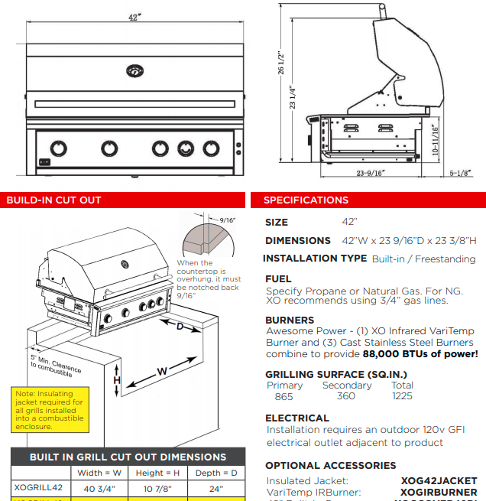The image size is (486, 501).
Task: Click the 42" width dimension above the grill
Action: tap(134, 17)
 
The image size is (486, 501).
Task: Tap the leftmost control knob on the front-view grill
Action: tap(59, 148)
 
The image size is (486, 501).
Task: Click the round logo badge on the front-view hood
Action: tap(134, 71)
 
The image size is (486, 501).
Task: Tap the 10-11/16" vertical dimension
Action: tap(434, 140)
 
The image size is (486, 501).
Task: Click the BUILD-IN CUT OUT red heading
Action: tap(54, 200)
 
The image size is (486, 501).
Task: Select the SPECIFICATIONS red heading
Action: tap(306, 200)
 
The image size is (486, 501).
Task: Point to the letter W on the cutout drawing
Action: tap(162, 372)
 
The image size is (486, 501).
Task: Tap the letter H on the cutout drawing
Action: tap(117, 380)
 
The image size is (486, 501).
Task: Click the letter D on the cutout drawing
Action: tap(180, 327)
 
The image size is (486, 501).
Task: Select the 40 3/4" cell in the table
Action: tap(99, 488)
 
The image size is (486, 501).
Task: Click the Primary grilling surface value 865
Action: tap(283, 396)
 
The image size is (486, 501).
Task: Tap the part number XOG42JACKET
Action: tap(439, 480)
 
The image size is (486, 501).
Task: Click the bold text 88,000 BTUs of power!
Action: tap(420, 353)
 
